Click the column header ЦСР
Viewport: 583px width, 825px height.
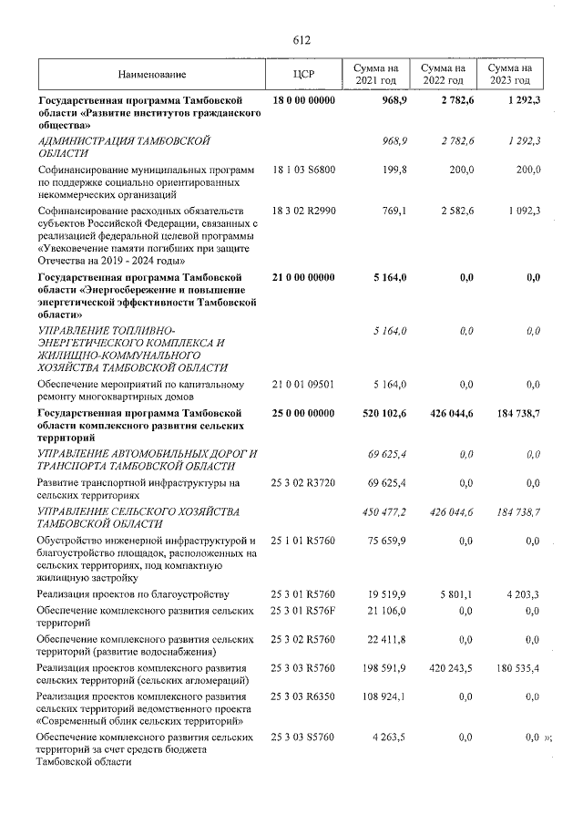pos(302,74)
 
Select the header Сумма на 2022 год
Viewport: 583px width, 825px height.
pos(441,74)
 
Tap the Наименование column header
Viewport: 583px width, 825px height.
pos(151,74)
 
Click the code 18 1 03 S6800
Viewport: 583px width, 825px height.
pos(303,170)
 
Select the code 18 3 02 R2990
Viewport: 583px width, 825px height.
pos(303,210)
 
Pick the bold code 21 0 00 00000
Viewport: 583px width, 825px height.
pos(303,276)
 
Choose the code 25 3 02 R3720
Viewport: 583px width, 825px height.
pos(303,480)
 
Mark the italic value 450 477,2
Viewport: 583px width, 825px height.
pos(384,511)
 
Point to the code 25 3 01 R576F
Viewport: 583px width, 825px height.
pos(303,609)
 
